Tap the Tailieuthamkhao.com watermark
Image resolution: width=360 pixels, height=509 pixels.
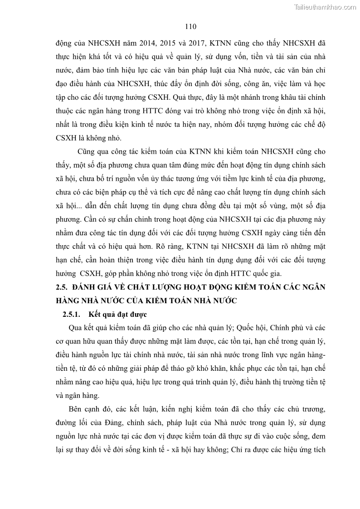coord(325,7)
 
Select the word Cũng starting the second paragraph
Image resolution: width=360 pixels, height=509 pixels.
coord(87,151)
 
